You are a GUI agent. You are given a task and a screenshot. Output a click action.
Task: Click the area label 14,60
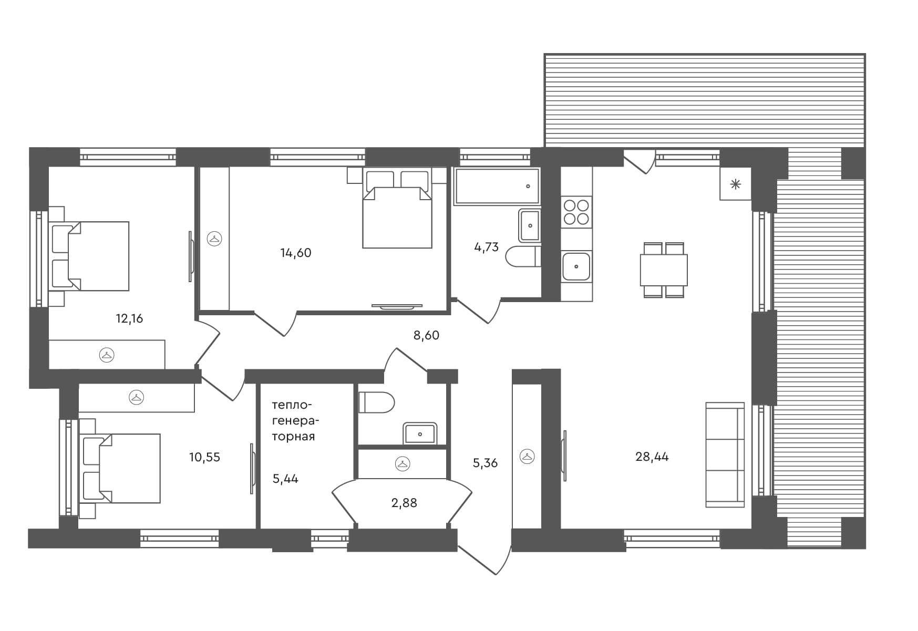(296, 253)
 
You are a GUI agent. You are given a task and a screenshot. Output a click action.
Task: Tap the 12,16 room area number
(129, 318)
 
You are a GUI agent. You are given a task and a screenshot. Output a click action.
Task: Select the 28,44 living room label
(652, 457)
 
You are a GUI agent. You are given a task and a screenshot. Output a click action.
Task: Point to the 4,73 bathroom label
(487, 247)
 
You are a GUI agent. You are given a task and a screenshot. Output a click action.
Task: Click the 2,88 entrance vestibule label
(404, 503)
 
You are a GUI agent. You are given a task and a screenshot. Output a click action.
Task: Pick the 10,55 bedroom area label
(204, 457)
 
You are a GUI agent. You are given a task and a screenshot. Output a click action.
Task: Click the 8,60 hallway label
(426, 335)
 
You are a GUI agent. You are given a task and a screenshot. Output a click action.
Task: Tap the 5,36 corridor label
(485, 463)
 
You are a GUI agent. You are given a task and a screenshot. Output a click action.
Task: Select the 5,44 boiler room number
(285, 479)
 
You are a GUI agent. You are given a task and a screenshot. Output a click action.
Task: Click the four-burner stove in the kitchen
(576, 212)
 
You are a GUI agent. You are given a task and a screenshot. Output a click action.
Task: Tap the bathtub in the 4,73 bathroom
(497, 186)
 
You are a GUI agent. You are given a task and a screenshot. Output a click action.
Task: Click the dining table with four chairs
(664, 270)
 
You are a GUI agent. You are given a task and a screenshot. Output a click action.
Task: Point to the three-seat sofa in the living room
(725, 455)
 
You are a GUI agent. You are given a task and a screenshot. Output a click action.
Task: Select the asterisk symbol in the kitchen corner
(736, 184)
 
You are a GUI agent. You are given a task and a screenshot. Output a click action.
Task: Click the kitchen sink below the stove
(576, 266)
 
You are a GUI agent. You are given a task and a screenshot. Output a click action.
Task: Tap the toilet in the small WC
(376, 402)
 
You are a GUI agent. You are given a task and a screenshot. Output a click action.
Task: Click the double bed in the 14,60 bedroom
(397, 209)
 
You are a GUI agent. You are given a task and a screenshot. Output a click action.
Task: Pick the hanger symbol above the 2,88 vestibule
(403, 463)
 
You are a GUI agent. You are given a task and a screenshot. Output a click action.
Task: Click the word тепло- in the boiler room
(292, 406)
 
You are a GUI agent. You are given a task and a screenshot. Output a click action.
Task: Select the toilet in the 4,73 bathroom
(523, 256)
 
